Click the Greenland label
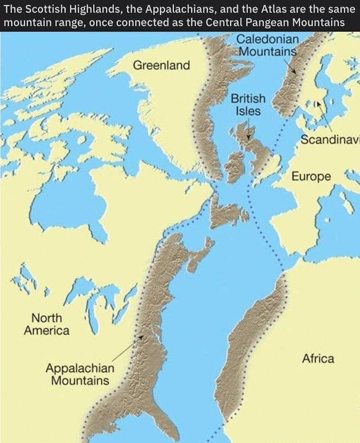(x=161, y=64)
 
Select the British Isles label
(x=245, y=104)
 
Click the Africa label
(x=318, y=358)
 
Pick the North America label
(x=46, y=324)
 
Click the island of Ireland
(x=235, y=167)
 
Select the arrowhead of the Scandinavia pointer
(x=320, y=102)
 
